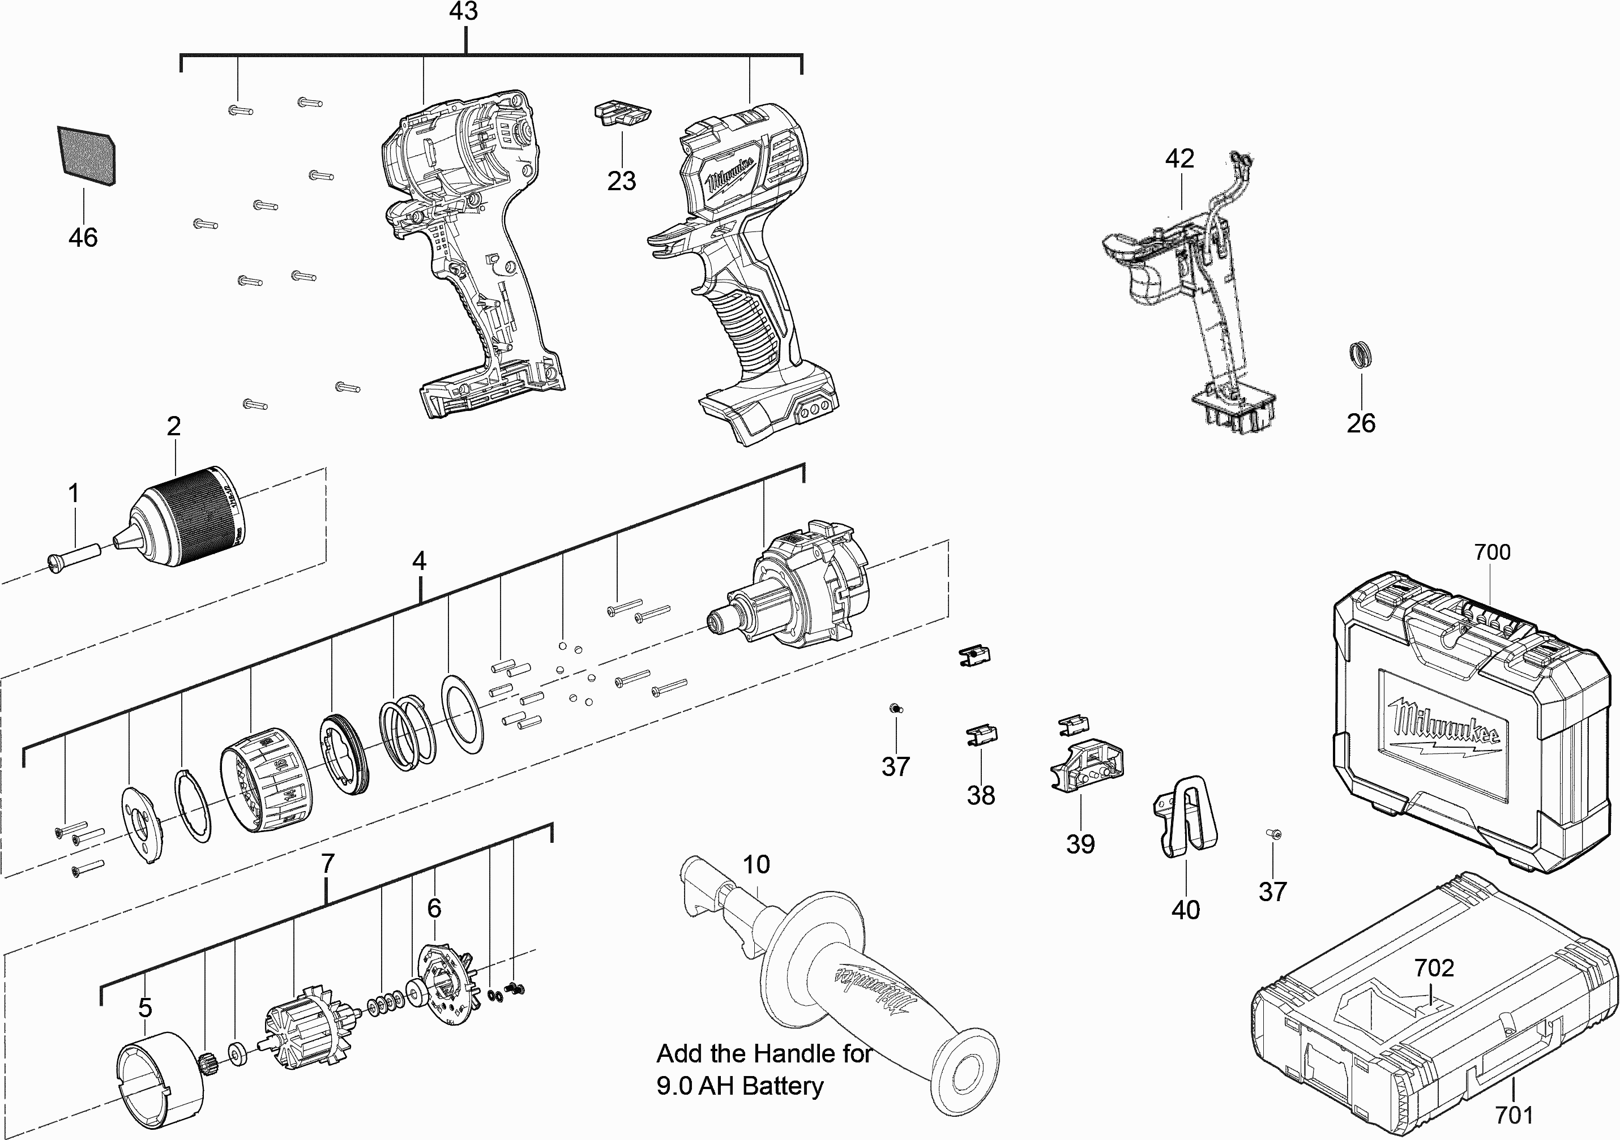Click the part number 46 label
coord(83,237)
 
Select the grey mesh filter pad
coord(86,156)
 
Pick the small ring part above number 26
coord(1360,354)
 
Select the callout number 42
coord(1179,158)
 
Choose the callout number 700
coord(1491,552)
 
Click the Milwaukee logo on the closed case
coord(1443,730)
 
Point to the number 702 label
coord(1434,968)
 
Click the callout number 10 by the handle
coord(756,864)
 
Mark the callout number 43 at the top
coord(464,11)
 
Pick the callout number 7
coord(327,863)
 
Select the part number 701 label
coord(1514,1115)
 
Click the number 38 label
coord(981,795)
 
